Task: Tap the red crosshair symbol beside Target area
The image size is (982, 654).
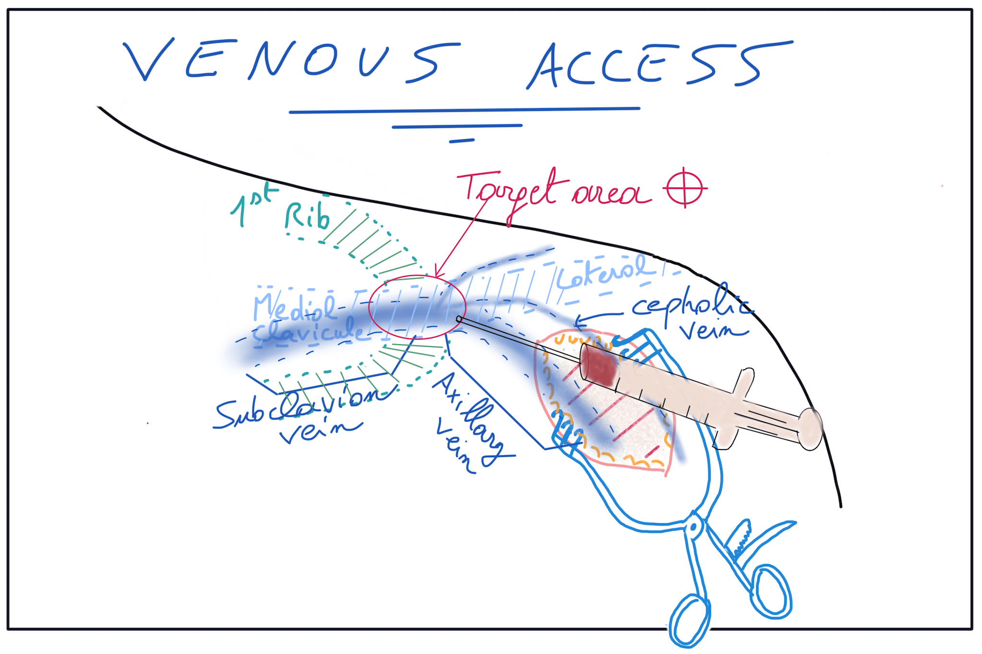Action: click(x=684, y=188)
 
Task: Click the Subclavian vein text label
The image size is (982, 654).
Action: click(x=302, y=413)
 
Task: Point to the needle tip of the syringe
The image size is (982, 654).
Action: click(x=459, y=319)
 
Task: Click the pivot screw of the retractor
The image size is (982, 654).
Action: click(x=694, y=527)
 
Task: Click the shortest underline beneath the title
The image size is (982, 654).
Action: click(x=461, y=141)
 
